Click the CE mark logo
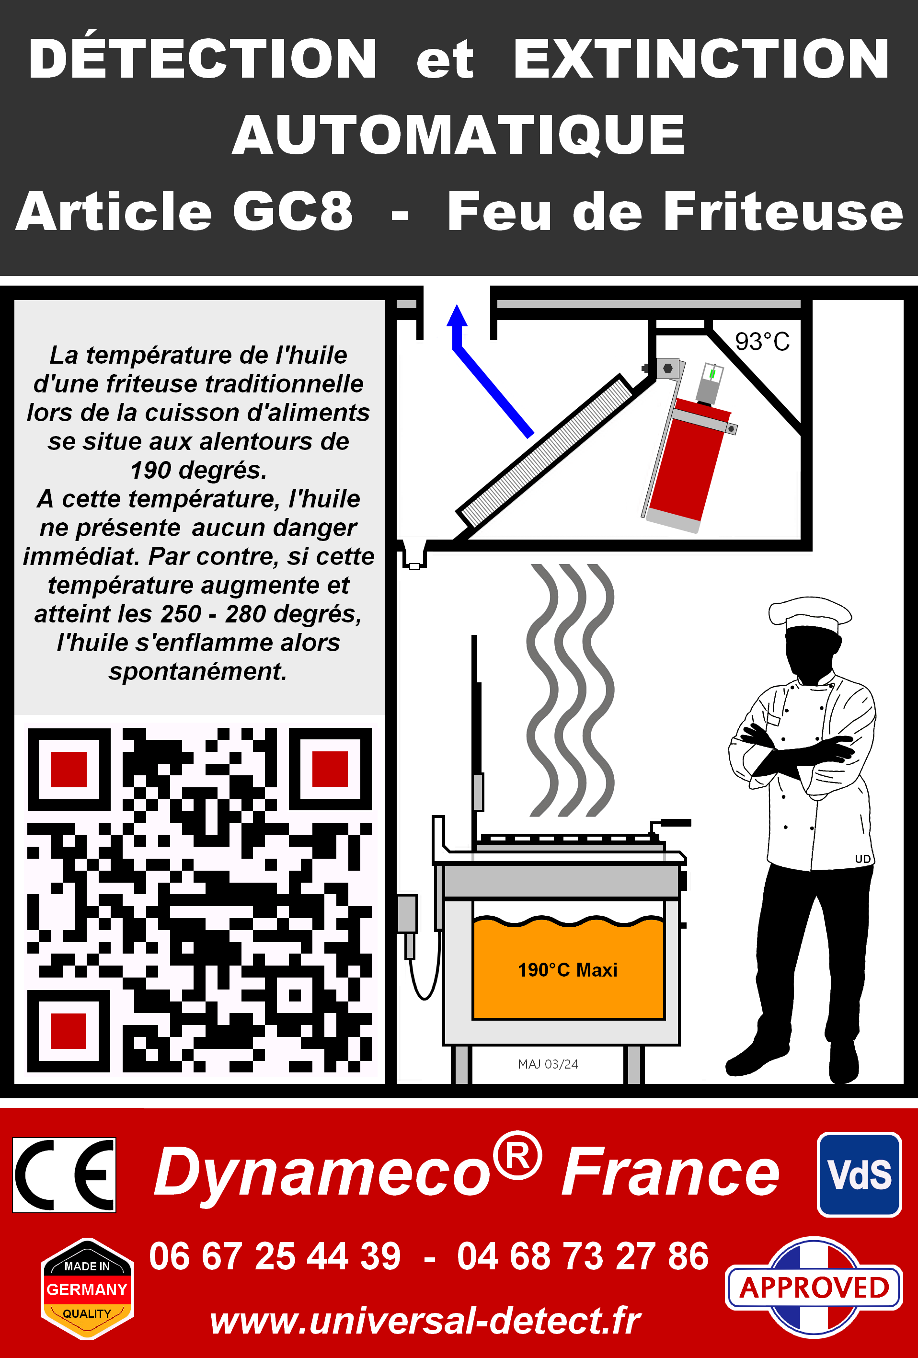(x=64, y=1174)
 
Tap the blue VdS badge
(x=860, y=1174)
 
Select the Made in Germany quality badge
(x=87, y=1289)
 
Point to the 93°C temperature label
(x=762, y=342)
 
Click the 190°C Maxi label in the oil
(x=567, y=970)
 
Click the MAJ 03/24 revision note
(x=548, y=1064)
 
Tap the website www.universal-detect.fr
(x=425, y=1321)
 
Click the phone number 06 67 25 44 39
(x=275, y=1256)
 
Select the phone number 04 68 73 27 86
(x=583, y=1256)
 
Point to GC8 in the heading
(x=293, y=211)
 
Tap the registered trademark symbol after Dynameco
(x=517, y=1155)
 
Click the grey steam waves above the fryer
(x=570, y=690)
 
